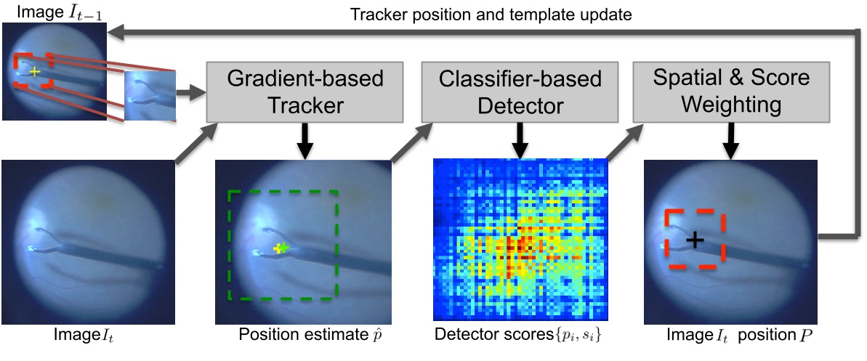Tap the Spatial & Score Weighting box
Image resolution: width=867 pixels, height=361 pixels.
coord(731,92)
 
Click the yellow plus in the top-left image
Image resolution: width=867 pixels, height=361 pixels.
coord(35,71)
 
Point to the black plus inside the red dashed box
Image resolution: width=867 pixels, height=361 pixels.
coord(695,240)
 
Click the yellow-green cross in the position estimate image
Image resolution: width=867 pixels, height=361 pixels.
coord(281,248)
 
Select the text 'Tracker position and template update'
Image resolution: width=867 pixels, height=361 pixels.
coord(491,15)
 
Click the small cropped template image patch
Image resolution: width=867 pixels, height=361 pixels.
coord(150,95)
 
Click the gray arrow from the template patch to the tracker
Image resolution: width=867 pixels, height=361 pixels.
coord(190,92)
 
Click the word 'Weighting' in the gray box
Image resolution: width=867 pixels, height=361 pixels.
coord(731,105)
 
